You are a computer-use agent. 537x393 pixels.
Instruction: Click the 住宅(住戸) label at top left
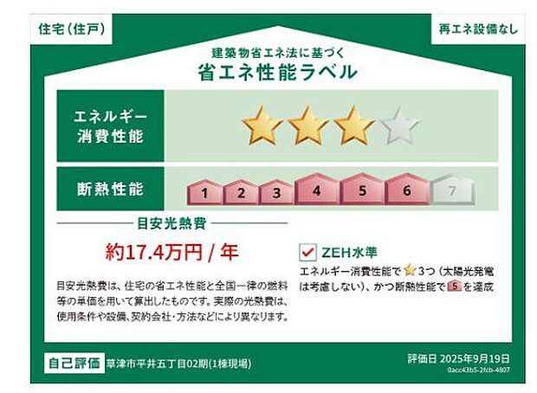(73, 29)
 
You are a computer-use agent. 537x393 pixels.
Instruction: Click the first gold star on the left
(262, 126)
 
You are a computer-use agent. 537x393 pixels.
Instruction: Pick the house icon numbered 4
(317, 190)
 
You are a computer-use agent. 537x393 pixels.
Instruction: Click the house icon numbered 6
(406, 190)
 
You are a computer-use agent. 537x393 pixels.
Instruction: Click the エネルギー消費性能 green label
(110, 126)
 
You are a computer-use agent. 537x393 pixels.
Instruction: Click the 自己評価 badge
(74, 362)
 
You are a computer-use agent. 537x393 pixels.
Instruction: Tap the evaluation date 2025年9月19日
(458, 357)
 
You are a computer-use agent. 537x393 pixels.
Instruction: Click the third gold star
(353, 126)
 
